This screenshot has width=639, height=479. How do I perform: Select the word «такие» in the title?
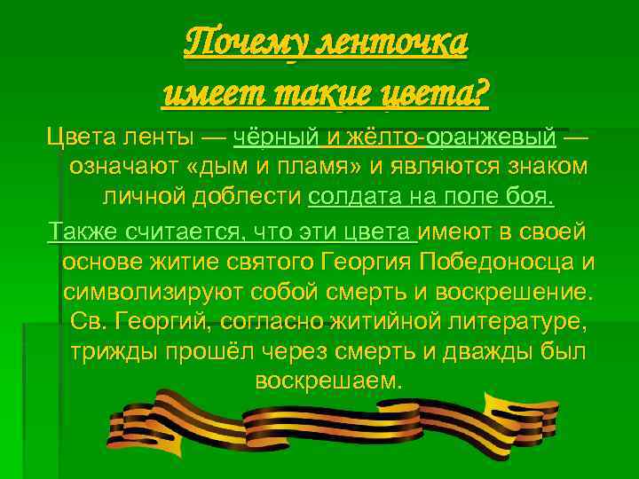click(322, 91)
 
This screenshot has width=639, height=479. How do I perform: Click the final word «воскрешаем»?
click(327, 381)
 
